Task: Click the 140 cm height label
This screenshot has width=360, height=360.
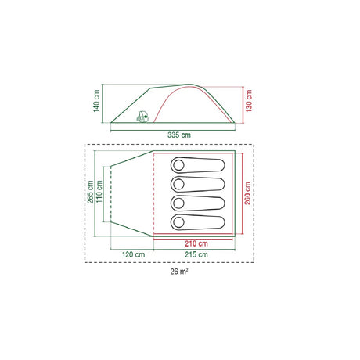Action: pos(96,101)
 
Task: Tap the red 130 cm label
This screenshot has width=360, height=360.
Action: pos(249,101)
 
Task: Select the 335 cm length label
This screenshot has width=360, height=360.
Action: pos(179,135)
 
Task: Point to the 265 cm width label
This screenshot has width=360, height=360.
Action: pos(90,192)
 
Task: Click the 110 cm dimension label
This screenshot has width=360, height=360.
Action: pos(99,192)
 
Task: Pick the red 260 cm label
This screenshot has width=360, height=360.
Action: pos(248,193)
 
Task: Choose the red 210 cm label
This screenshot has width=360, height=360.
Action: pos(196,243)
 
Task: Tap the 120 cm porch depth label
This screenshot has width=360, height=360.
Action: pos(133,254)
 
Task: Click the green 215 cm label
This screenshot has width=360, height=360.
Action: pos(196,254)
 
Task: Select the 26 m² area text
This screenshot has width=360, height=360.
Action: pos(179,272)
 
